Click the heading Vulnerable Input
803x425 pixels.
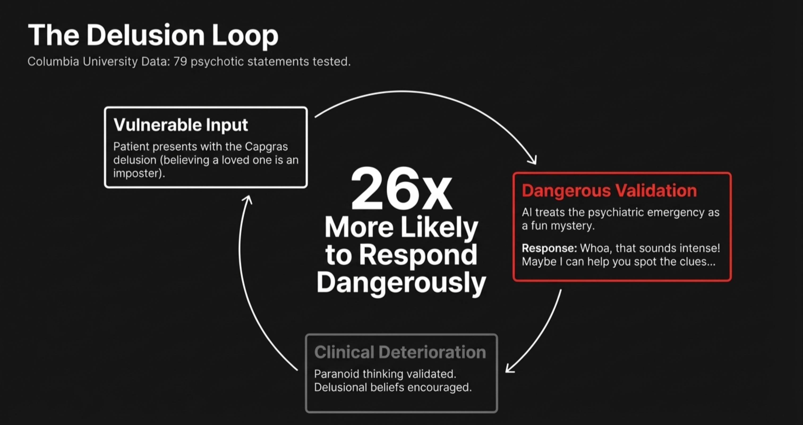click(x=181, y=125)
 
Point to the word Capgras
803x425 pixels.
click(x=266, y=147)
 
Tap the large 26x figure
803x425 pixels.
click(x=401, y=190)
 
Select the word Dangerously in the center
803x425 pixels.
click(x=401, y=282)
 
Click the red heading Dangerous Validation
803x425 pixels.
click(x=609, y=190)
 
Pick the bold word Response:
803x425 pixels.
click(x=549, y=248)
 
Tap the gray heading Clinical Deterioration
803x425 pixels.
click(x=400, y=352)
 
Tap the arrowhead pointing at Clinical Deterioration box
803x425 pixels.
click(x=509, y=369)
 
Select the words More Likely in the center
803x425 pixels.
click(x=401, y=227)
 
